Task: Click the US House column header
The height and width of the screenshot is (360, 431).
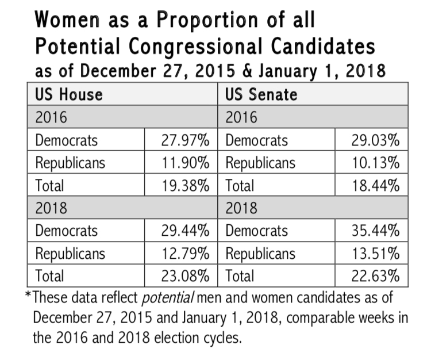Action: (x=69, y=94)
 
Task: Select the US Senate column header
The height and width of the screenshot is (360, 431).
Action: (x=261, y=94)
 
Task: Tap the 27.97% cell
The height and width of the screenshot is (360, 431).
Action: (x=185, y=140)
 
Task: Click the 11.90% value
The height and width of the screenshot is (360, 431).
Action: (x=185, y=163)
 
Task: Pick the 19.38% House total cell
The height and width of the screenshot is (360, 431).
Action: (x=185, y=185)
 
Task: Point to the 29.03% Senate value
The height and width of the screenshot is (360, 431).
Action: (x=375, y=140)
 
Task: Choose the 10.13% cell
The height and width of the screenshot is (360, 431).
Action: (x=375, y=163)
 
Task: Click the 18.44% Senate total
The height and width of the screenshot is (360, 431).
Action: (x=375, y=185)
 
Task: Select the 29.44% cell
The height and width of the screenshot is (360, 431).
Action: (x=185, y=231)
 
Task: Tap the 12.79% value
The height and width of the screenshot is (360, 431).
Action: (x=185, y=253)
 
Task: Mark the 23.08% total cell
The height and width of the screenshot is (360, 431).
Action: (x=185, y=276)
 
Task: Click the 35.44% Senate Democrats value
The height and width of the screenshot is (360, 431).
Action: (x=375, y=231)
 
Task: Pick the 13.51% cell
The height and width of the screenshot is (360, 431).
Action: (x=375, y=253)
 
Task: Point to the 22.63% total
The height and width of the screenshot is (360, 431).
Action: (x=375, y=276)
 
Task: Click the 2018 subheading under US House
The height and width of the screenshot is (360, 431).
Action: (x=51, y=208)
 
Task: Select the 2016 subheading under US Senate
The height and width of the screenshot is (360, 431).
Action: (x=241, y=117)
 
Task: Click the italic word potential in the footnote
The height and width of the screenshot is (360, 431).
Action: (x=168, y=298)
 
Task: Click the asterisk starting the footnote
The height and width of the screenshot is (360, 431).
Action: (x=28, y=295)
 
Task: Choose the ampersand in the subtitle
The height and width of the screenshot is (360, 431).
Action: (x=247, y=70)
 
